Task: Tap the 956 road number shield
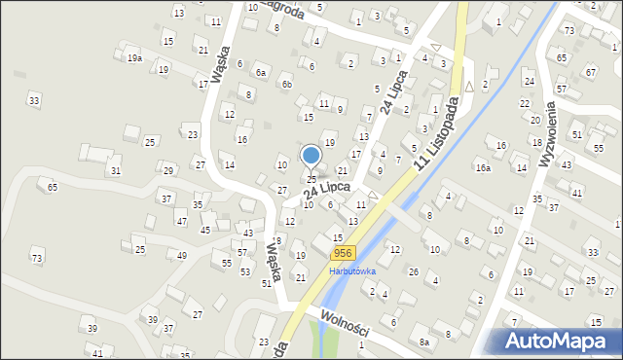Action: (329, 253)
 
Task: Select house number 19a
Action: (134, 58)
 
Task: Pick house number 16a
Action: (483, 167)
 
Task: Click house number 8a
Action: (423, 342)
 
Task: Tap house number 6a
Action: (260, 72)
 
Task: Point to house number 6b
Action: (286, 84)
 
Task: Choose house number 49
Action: (182, 255)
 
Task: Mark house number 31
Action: (115, 171)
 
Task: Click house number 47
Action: (181, 222)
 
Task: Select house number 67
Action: (589, 72)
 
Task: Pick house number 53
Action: (245, 271)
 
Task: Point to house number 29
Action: (168, 170)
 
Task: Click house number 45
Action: (204, 230)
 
